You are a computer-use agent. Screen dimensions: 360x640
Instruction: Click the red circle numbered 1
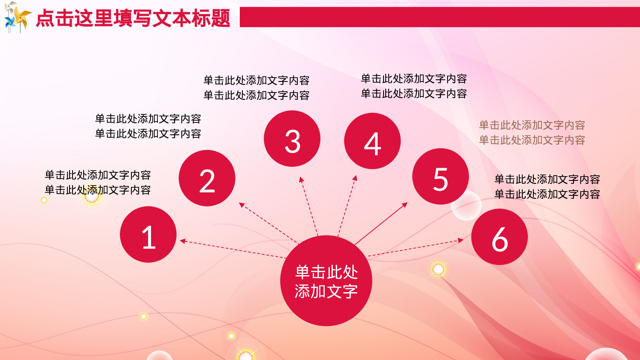tap(148, 235)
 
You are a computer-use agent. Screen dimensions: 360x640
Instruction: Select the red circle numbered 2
tap(207, 178)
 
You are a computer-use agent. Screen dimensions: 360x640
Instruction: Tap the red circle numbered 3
tap(292, 139)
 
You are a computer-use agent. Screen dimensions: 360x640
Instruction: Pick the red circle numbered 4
tap(372, 141)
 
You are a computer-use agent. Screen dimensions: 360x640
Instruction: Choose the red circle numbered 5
tap(440, 177)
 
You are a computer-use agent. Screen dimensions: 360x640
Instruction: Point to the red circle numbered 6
tap(499, 237)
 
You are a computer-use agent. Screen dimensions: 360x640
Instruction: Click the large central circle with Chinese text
tap(326, 281)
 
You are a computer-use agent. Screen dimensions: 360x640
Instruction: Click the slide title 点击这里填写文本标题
tap(133, 18)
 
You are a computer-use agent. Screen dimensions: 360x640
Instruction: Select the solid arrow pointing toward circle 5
tap(381, 223)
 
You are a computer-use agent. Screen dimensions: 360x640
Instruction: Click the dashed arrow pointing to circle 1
tap(233, 249)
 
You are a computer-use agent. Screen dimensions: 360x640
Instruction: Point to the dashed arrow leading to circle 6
tap(416, 248)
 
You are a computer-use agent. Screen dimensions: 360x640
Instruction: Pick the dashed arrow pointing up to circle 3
tap(309, 206)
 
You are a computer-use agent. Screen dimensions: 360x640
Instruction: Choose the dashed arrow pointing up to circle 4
tap(346, 206)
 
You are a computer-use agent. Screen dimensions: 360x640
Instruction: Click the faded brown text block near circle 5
tap(532, 133)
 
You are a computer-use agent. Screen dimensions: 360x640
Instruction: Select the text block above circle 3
tap(256, 88)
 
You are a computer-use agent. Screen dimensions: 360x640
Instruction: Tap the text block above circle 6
tap(547, 187)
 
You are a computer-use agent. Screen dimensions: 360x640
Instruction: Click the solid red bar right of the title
tap(439, 17)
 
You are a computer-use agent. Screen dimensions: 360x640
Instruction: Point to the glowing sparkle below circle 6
tap(438, 269)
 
